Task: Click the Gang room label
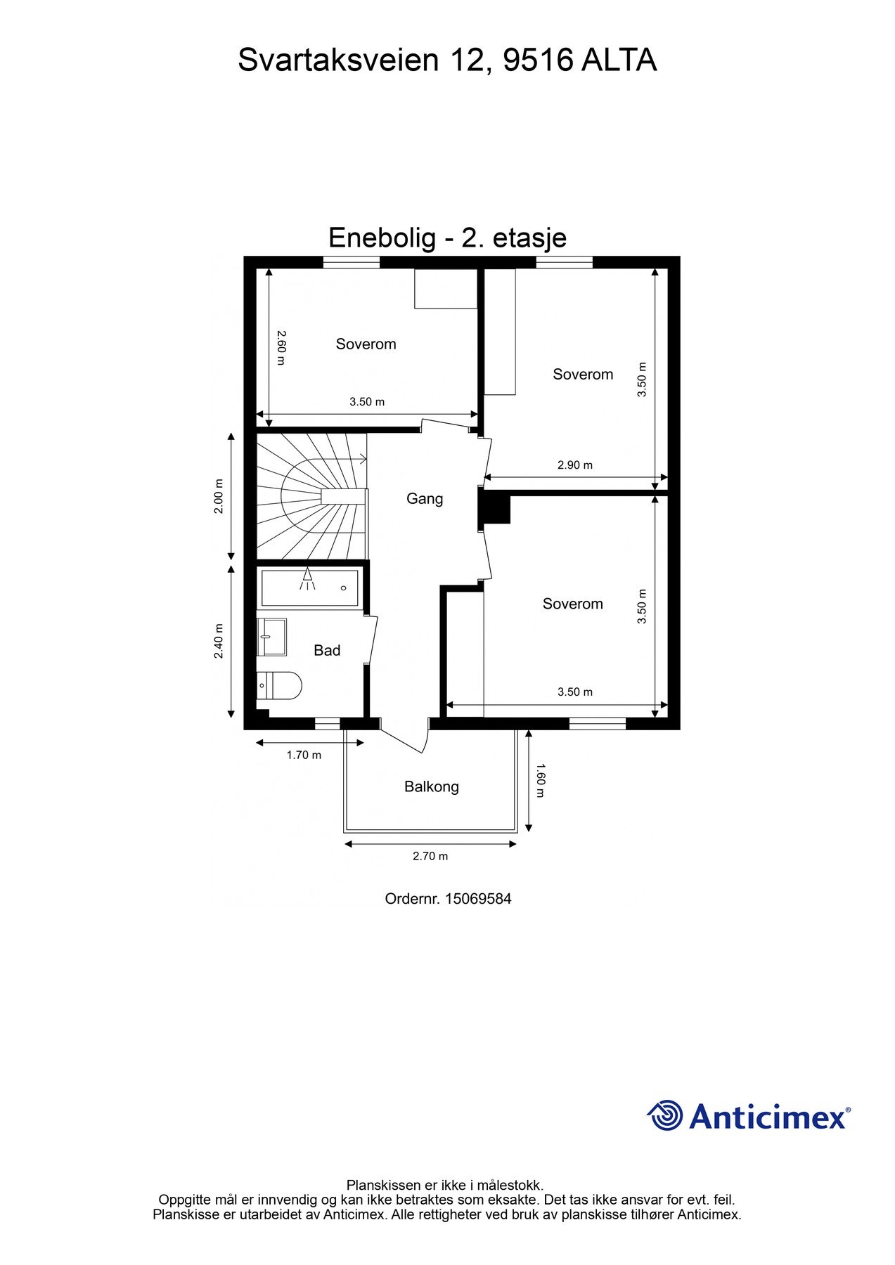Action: pyautogui.click(x=425, y=499)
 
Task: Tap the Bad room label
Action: pyautogui.click(x=327, y=651)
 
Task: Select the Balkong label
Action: pyautogui.click(x=431, y=787)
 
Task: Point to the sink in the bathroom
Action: pyautogui.click(x=271, y=637)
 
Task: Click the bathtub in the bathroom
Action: pyautogui.click(x=309, y=588)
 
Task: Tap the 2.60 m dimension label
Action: pyautogui.click(x=281, y=348)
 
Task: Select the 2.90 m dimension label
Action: pyautogui.click(x=574, y=465)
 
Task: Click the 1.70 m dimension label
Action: pyautogui.click(x=304, y=755)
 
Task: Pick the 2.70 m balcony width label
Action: pyautogui.click(x=430, y=856)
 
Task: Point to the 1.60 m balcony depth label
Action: pyautogui.click(x=540, y=780)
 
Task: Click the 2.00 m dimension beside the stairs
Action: pyautogui.click(x=219, y=496)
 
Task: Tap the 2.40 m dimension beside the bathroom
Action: pyautogui.click(x=219, y=641)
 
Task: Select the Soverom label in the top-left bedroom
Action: pyautogui.click(x=366, y=344)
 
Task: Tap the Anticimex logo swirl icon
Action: pyautogui.click(x=664, y=1116)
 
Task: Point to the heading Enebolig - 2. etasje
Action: pyautogui.click(x=447, y=238)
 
